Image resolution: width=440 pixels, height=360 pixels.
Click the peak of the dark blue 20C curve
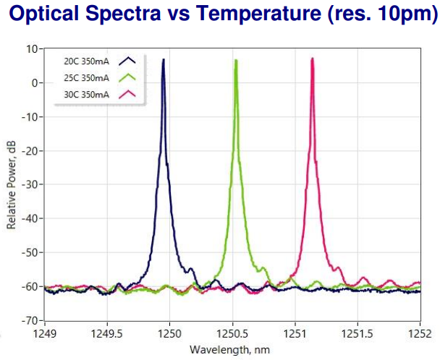coord(164,60)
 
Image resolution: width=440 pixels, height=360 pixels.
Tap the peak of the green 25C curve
coord(236,60)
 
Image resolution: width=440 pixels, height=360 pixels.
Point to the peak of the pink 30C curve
coord(312,59)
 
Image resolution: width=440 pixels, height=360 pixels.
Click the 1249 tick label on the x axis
coord(45,335)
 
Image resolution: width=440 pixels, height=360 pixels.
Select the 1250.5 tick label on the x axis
coord(232,335)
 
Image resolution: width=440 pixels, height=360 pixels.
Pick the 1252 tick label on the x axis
coord(420,335)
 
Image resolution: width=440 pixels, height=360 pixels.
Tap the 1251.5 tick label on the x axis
coord(357,335)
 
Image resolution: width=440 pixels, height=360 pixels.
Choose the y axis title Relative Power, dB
coord(12,185)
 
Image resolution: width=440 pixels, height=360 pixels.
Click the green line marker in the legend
coord(128,77)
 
